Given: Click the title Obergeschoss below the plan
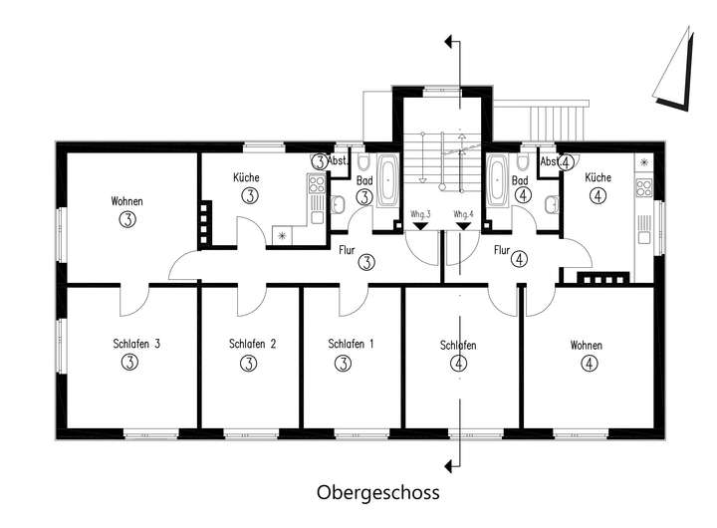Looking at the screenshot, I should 377,492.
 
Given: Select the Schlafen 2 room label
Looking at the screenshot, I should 247,345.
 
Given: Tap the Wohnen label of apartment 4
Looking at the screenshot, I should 586,345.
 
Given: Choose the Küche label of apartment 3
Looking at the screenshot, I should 247,177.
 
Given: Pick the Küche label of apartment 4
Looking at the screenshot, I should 597,177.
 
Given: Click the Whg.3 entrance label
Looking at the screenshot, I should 420,214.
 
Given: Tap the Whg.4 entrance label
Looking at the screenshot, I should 462,214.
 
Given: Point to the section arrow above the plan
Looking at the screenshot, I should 452,42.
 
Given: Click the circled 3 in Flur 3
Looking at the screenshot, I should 367,262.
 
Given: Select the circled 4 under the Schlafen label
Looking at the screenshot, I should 458,364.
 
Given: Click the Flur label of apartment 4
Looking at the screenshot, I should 502,251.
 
